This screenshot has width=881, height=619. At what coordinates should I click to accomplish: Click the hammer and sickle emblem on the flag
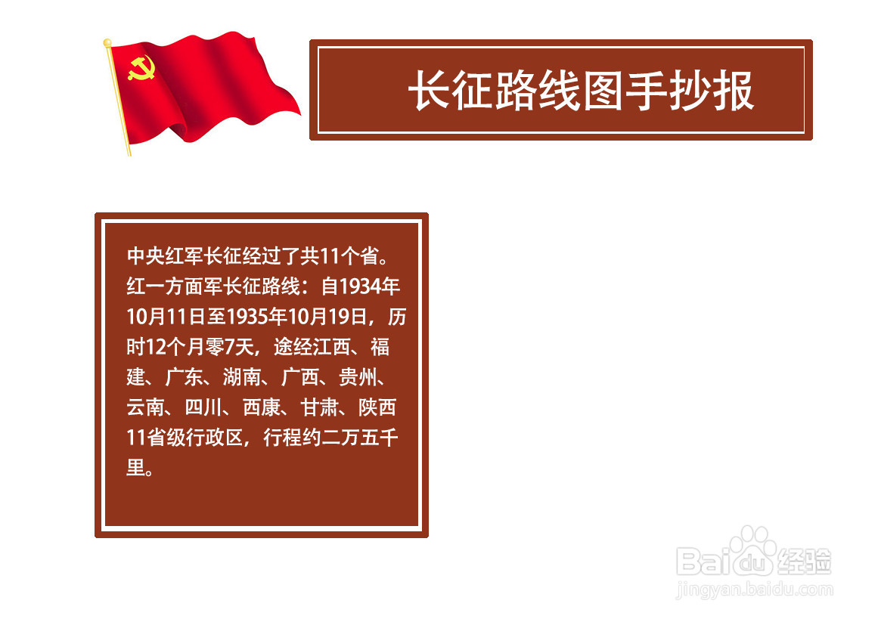141,68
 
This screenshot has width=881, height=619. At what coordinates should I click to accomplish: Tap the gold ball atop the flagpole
107,42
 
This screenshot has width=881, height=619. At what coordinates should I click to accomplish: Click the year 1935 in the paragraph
246,317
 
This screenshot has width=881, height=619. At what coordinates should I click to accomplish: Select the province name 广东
184,377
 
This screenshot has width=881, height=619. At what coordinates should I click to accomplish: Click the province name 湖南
241,377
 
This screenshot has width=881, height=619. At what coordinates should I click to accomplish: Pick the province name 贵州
358,377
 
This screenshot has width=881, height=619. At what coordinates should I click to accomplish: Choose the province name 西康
261,407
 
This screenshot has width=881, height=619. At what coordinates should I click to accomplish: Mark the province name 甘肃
319,407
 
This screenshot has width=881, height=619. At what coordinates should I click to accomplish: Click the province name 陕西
377,407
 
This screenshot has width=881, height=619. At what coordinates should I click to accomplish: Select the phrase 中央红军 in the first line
165,256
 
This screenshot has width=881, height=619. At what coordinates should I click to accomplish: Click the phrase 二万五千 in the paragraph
360,437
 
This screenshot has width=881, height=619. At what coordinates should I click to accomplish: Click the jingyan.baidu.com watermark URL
755,590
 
